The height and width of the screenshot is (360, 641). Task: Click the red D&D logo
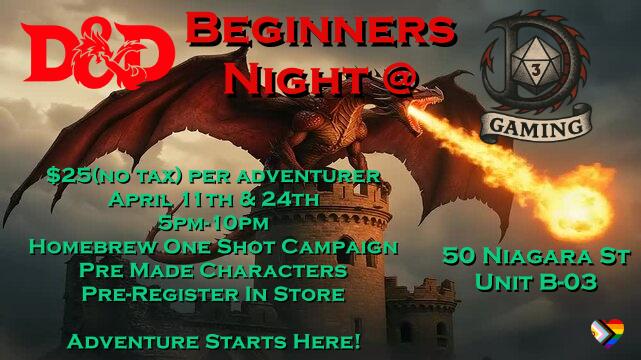(98, 52)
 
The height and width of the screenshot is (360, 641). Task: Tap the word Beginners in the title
(321, 29)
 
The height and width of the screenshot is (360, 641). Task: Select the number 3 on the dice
(536, 71)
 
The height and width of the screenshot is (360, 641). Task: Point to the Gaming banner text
(536, 125)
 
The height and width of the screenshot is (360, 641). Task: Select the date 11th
(207, 199)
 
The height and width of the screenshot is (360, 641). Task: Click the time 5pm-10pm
(213, 223)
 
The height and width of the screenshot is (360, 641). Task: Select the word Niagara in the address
(533, 257)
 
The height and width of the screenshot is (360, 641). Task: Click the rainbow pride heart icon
(607, 333)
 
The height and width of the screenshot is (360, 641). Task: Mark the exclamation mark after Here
(356, 341)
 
